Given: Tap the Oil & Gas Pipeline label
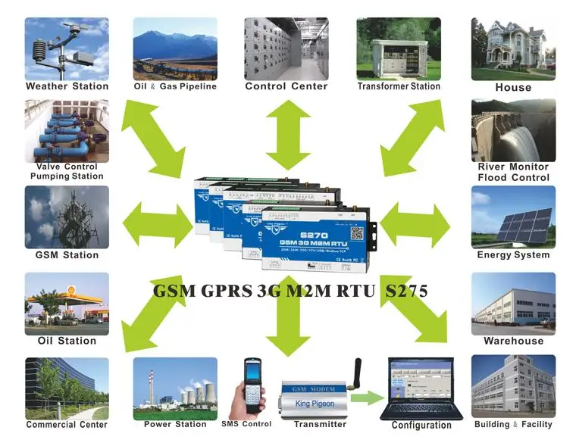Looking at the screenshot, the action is coord(175,86).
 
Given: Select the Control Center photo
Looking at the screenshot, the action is coord(286,48).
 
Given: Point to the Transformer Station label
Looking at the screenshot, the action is coord(399,86).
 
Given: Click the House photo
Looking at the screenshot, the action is coord(513,48).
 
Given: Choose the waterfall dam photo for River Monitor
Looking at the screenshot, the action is coord(513,129).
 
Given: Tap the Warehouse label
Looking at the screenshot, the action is coord(513,341).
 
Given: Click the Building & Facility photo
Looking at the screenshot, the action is coord(513,386).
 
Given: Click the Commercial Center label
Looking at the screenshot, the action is coord(67,425).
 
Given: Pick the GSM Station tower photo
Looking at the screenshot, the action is coord(67,217).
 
